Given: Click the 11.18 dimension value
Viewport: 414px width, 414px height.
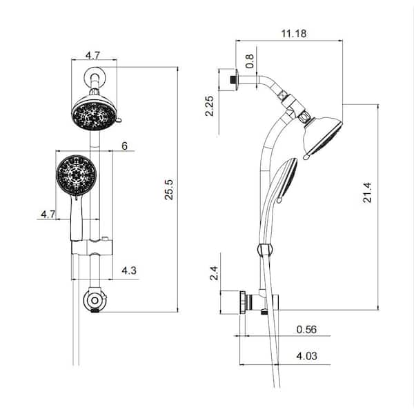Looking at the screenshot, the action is (294, 34).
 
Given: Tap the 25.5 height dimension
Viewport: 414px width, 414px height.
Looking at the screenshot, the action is (169, 190).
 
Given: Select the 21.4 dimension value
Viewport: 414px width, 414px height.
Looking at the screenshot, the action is (367, 193).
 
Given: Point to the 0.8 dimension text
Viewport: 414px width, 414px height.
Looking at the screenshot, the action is (250, 61).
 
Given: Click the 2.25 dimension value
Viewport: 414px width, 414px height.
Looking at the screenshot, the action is (209, 106).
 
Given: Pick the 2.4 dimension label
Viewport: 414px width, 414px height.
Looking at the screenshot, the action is (214, 273).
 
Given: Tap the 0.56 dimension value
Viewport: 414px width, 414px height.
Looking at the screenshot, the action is (306, 329).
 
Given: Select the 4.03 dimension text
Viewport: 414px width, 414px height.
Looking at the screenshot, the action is (306, 356).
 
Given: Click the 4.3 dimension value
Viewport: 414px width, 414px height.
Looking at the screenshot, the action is (129, 270).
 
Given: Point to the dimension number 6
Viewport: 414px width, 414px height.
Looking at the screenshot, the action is (124, 146).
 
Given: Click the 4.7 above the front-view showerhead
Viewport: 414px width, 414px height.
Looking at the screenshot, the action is (92, 55).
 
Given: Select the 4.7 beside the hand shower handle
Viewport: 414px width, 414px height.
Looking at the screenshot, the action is (48, 214).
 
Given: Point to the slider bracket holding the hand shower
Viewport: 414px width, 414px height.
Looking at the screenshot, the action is (92, 247).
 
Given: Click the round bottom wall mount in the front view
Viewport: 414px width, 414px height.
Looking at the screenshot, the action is (95, 300).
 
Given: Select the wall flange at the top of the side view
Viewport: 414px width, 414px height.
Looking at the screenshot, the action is (235, 80).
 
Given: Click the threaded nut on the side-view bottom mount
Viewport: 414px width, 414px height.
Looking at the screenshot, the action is (243, 302).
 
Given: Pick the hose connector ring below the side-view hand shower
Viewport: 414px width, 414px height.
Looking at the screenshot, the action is (265, 250).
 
